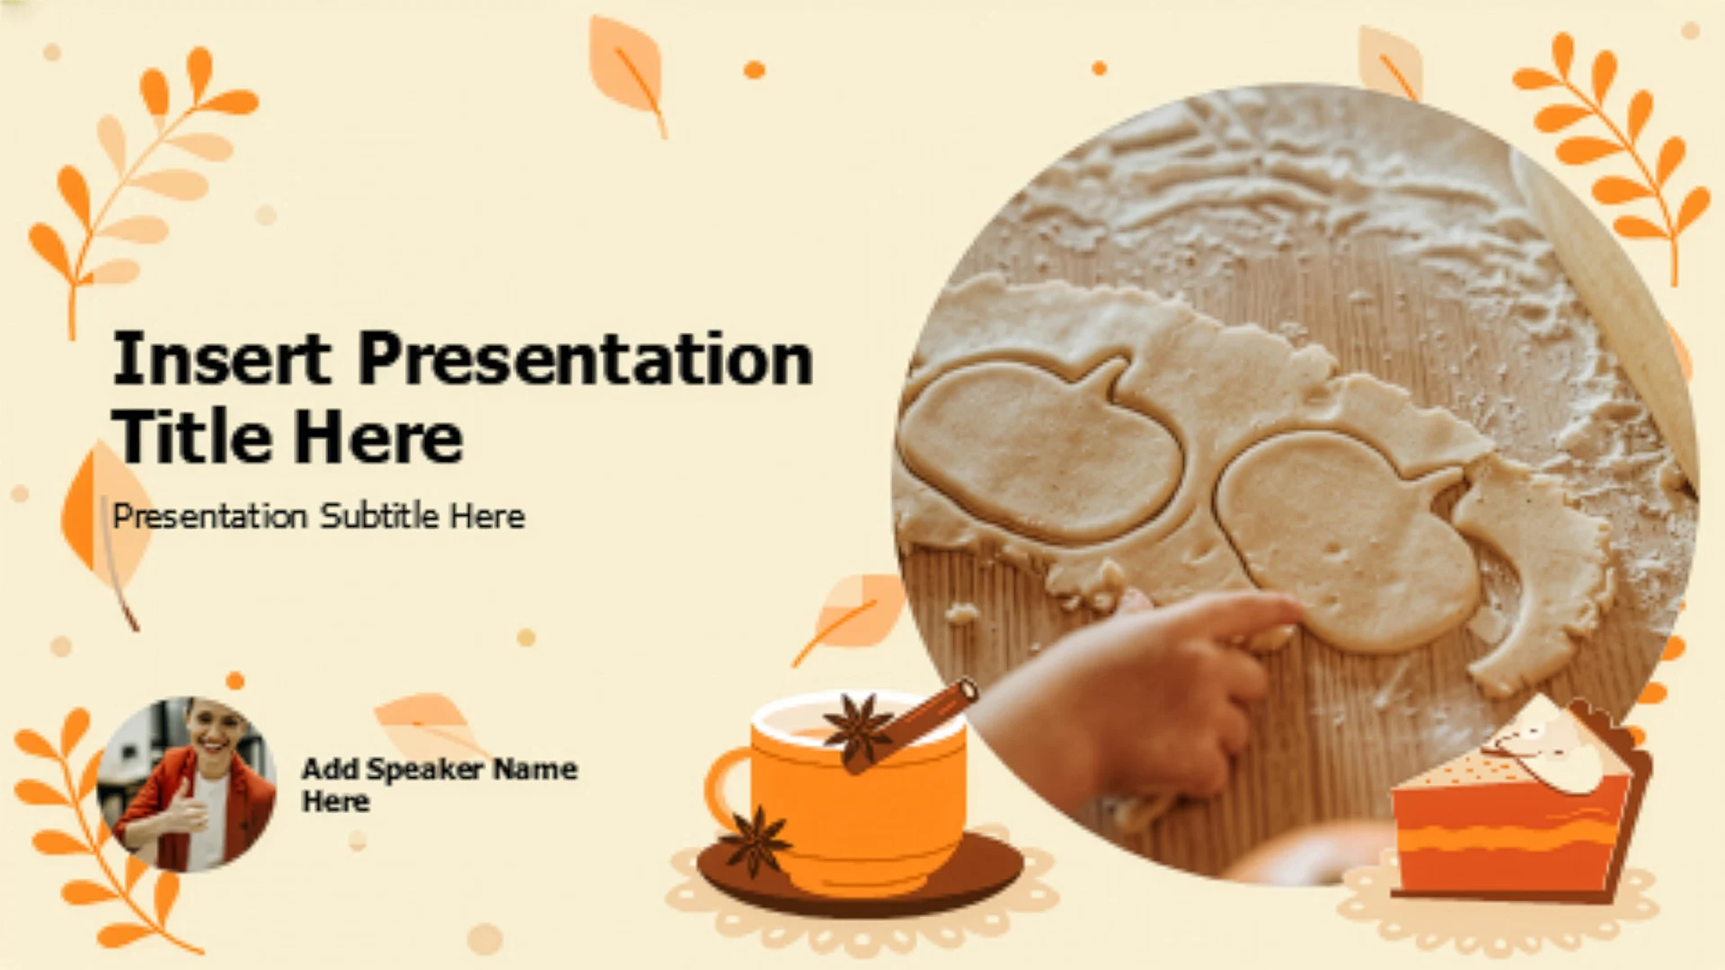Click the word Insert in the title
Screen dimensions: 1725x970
point(221,358)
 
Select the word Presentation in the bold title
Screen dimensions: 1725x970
point(586,358)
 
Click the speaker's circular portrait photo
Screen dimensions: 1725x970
point(186,783)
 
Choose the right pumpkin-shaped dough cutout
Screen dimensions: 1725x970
point(1348,539)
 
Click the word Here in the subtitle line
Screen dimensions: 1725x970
point(487,516)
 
